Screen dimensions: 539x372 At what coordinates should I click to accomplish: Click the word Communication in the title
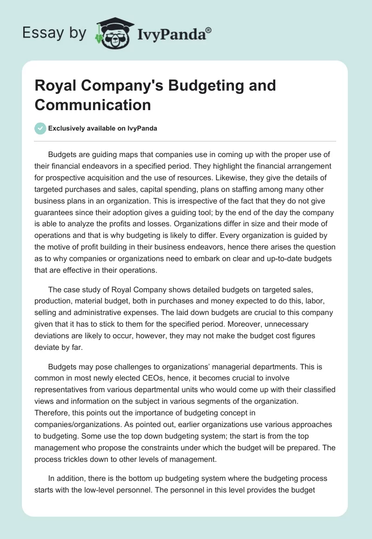click(93, 105)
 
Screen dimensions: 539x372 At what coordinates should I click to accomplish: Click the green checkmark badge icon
click(40, 128)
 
